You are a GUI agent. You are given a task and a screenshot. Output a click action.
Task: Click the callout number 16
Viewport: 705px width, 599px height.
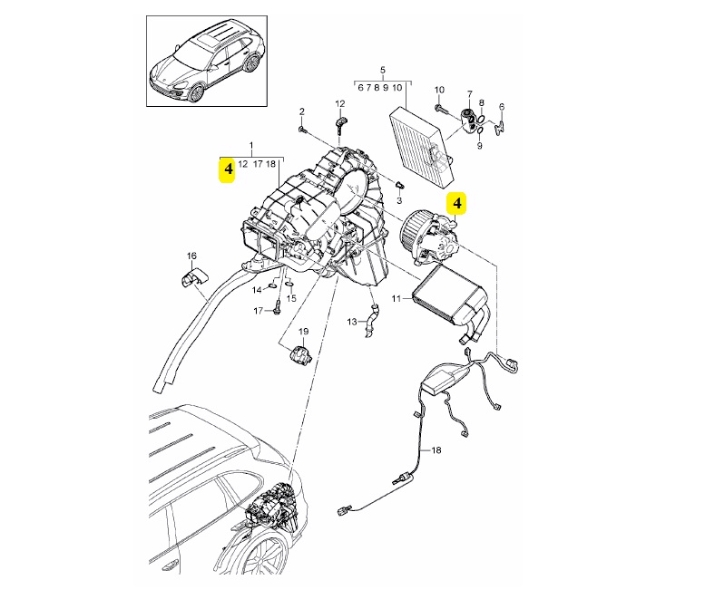191,256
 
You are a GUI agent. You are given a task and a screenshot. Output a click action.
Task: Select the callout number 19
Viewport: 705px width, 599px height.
303,332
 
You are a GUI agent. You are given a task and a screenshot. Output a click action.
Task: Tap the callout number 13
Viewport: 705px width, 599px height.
352,322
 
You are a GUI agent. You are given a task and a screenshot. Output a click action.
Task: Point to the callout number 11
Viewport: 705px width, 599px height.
396,298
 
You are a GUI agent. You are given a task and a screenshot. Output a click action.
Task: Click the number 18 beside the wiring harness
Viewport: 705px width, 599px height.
436,449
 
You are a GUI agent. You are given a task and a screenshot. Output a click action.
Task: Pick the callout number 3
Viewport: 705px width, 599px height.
399,199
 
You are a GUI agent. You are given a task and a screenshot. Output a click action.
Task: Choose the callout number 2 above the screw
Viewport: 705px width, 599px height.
302,111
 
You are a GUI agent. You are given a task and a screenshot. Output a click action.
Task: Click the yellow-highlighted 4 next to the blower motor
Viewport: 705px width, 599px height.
456,203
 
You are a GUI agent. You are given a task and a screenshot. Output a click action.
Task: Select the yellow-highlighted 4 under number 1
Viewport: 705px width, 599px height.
229,169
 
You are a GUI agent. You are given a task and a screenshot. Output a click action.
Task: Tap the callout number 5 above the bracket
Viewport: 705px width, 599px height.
383,70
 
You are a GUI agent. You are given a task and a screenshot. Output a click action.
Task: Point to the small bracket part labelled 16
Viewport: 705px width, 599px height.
191,277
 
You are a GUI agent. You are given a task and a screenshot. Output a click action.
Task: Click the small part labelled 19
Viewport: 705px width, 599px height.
299,355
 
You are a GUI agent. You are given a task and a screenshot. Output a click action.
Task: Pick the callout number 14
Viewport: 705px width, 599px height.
257,290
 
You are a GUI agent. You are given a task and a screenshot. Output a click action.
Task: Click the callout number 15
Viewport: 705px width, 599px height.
291,298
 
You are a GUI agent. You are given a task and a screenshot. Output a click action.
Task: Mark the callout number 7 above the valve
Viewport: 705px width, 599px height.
470,94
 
